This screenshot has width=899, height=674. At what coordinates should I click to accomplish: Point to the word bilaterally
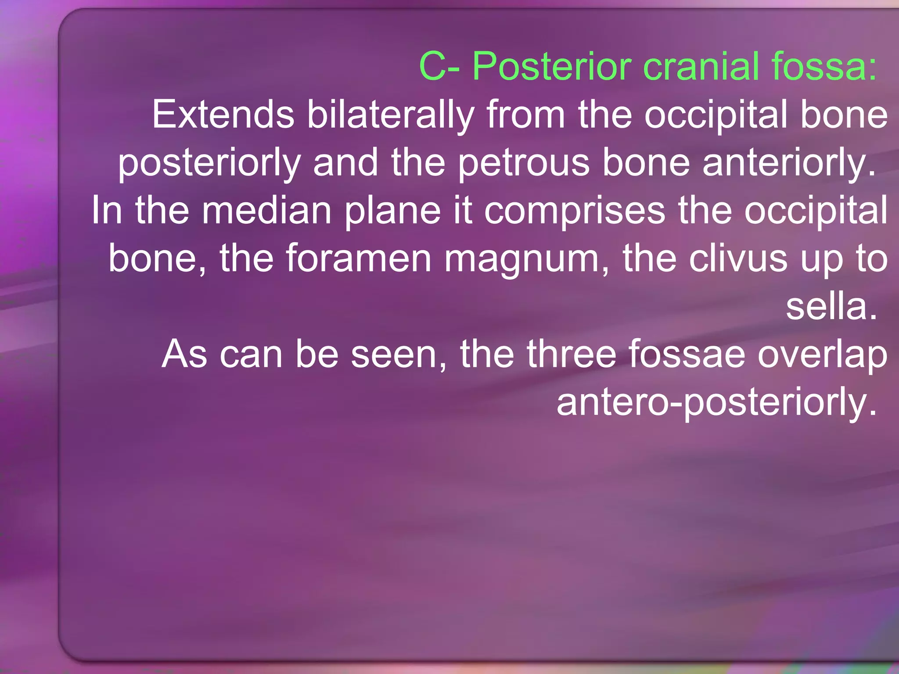pyautogui.click(x=391, y=115)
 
